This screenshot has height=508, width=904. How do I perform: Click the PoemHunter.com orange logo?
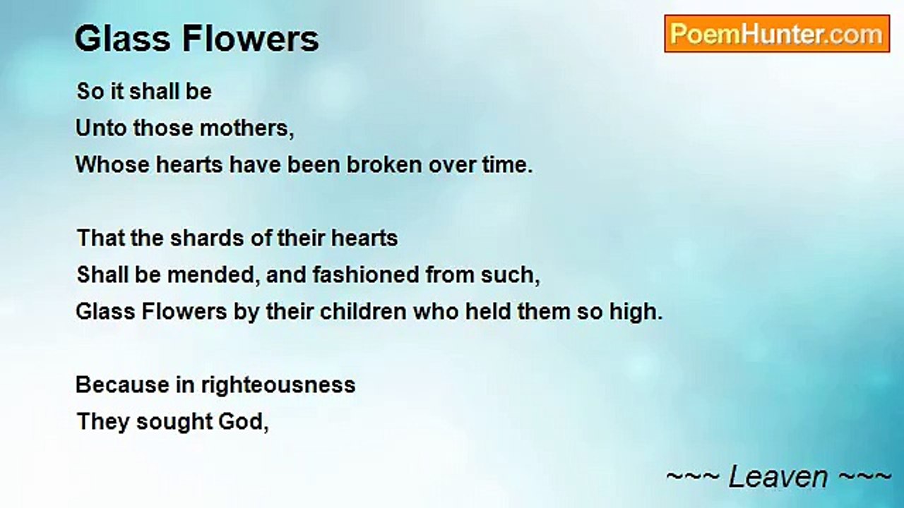[x=777, y=34]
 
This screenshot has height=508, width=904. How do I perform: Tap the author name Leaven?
[x=778, y=476]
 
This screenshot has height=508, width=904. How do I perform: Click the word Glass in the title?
[x=122, y=39]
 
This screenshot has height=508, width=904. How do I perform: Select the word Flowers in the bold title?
[x=251, y=39]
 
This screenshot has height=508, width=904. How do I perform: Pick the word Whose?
[x=112, y=165]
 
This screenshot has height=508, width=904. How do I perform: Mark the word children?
[x=363, y=312]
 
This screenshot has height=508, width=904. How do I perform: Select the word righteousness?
[x=278, y=386]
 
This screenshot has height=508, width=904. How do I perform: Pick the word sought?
[x=174, y=423]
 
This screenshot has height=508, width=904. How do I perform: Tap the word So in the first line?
[x=90, y=92]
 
